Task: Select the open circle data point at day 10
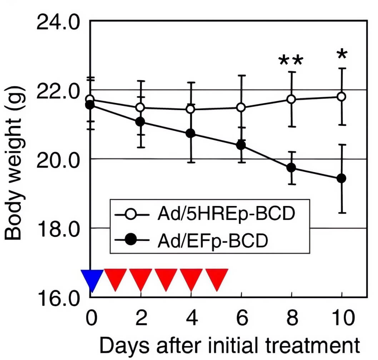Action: point(342,97)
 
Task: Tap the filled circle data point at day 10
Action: point(342,178)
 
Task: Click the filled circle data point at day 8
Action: point(292,168)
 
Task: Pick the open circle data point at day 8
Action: point(292,99)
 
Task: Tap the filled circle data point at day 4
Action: point(191,133)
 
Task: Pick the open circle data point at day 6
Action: point(242,107)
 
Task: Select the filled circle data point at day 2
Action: point(141,122)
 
